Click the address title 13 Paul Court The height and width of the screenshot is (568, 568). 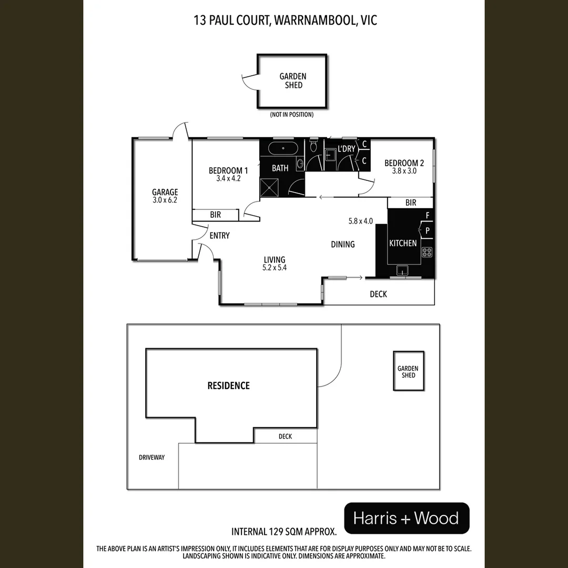tap(284, 21)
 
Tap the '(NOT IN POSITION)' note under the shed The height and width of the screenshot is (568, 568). tap(291, 115)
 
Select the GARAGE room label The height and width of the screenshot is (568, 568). tap(165, 192)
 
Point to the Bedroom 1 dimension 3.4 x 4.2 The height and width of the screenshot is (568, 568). tap(228, 179)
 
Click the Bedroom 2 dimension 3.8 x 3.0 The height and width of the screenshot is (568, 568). tap(404, 171)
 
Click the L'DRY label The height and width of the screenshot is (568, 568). tap(347, 149)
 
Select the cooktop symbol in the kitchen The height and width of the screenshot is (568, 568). tap(427, 252)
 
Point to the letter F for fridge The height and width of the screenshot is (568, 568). tap(428, 216)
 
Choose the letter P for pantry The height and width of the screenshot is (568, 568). tap(428, 230)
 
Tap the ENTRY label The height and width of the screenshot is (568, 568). tap(219, 236)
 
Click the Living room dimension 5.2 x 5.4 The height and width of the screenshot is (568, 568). tap(275, 267)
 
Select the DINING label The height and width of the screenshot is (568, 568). tap(342, 244)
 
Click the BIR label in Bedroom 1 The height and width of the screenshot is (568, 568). tap(215, 215)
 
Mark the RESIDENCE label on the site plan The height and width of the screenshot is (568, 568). tap(228, 386)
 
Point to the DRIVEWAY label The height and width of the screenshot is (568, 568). tap(151, 458)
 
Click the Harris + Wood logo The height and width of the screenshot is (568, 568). tap(406, 518)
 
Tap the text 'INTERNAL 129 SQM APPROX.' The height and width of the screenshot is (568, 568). tap(284, 531)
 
